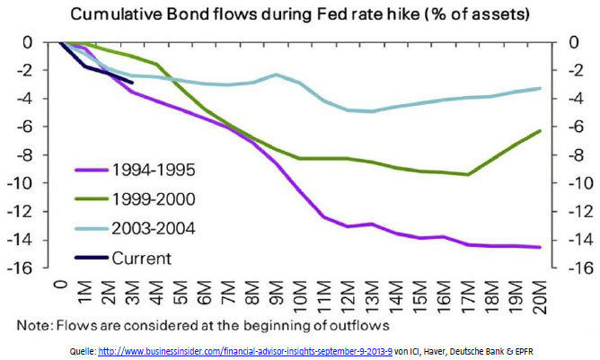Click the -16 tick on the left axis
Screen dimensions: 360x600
pos(17,269)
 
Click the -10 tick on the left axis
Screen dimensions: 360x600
pos(17,184)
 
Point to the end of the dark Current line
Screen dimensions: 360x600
pos(132,83)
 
